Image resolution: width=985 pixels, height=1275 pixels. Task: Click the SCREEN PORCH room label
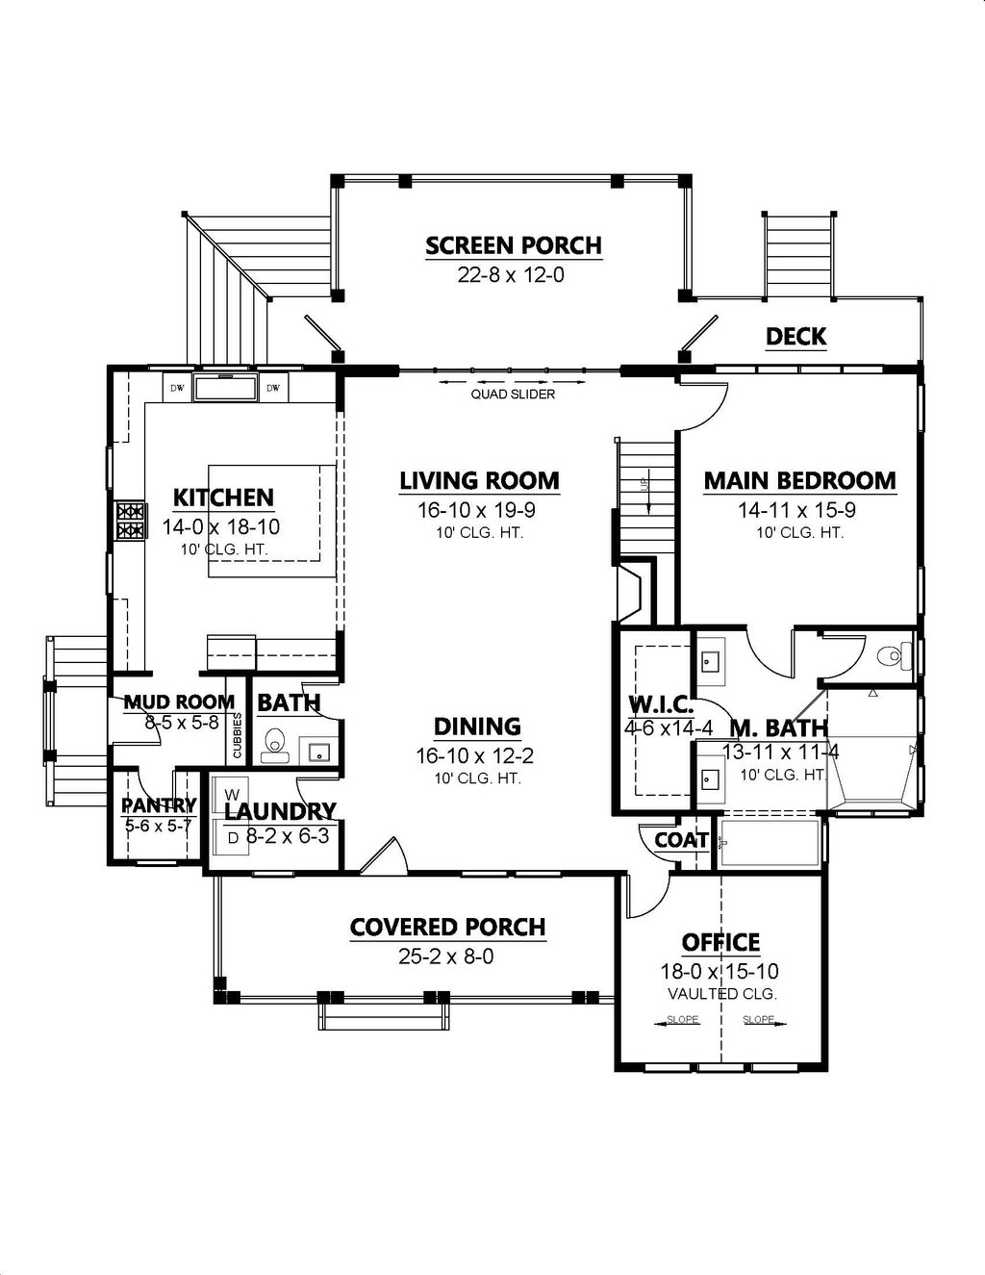(x=514, y=246)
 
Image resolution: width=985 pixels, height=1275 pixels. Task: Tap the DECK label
(x=796, y=336)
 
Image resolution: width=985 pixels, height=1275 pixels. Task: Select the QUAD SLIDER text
(x=513, y=394)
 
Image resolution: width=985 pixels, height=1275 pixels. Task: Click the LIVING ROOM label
(x=479, y=480)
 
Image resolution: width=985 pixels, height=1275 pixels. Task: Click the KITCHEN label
(x=223, y=497)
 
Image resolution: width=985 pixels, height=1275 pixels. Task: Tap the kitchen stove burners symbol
(x=130, y=521)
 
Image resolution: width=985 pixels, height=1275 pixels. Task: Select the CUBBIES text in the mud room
(x=238, y=736)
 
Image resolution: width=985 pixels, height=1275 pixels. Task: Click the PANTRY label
(x=159, y=804)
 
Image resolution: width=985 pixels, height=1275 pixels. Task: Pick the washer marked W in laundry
(x=231, y=795)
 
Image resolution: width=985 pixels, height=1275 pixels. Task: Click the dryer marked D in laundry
(x=233, y=837)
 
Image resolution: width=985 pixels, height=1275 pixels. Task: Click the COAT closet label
(x=681, y=840)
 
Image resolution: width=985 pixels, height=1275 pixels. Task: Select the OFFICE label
(x=720, y=943)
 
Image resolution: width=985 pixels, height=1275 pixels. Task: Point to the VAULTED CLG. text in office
(x=721, y=994)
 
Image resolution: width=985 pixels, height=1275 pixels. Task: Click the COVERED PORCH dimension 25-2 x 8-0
(x=447, y=956)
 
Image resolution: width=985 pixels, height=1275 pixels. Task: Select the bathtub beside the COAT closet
(x=770, y=843)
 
